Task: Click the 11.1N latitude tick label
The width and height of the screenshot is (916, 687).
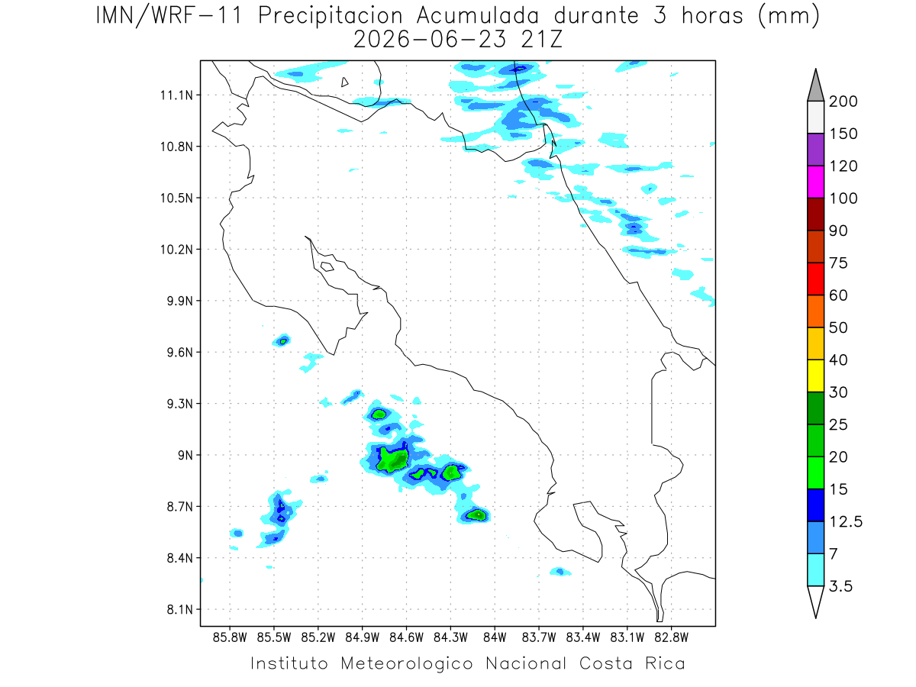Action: [x=176, y=95]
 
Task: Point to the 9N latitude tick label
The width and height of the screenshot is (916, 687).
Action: [x=185, y=455]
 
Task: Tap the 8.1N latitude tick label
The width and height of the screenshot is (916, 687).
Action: [x=180, y=609]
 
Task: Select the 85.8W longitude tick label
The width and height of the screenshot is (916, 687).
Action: [x=230, y=637]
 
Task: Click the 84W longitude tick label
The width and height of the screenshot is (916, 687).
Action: [x=495, y=637]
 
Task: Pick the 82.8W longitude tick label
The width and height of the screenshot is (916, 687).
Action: [x=671, y=637]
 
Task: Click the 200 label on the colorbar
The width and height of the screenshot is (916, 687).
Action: [x=843, y=102]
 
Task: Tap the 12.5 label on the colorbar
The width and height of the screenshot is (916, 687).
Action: [x=846, y=522]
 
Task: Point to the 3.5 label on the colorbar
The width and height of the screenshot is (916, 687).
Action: [x=840, y=586]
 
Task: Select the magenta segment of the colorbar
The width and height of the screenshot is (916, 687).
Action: [x=815, y=182]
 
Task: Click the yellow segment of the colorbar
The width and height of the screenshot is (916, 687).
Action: [x=815, y=376]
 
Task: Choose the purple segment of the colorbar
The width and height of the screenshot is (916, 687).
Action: [x=815, y=150]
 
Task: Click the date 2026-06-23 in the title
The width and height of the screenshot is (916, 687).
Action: [x=430, y=40]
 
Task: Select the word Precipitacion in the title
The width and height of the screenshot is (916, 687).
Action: [x=330, y=16]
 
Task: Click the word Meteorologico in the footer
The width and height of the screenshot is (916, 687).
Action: [x=406, y=663]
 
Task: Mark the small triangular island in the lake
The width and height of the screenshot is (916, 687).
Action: [x=344, y=82]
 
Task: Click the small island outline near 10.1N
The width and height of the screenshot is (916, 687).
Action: [x=327, y=266]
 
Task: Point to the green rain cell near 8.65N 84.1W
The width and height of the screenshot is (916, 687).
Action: [x=476, y=514]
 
